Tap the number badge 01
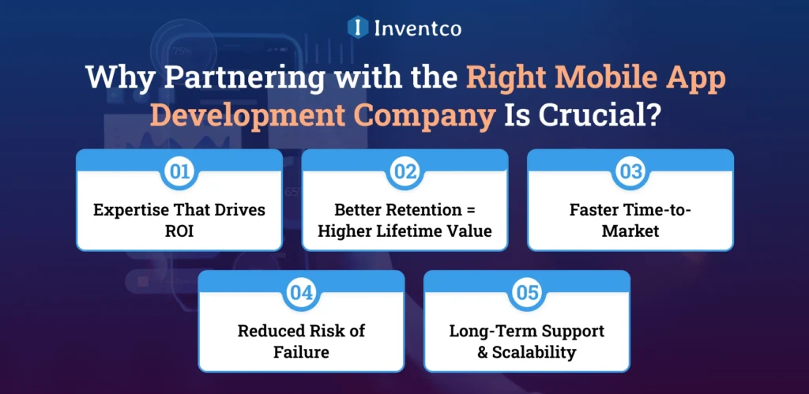(179, 171)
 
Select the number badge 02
(404, 171)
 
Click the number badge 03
(630, 171)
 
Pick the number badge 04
(301, 291)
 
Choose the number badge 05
(527, 291)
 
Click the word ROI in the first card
(179, 231)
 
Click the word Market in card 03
(630, 231)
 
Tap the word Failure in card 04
(301, 351)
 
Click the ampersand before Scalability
(484, 351)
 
